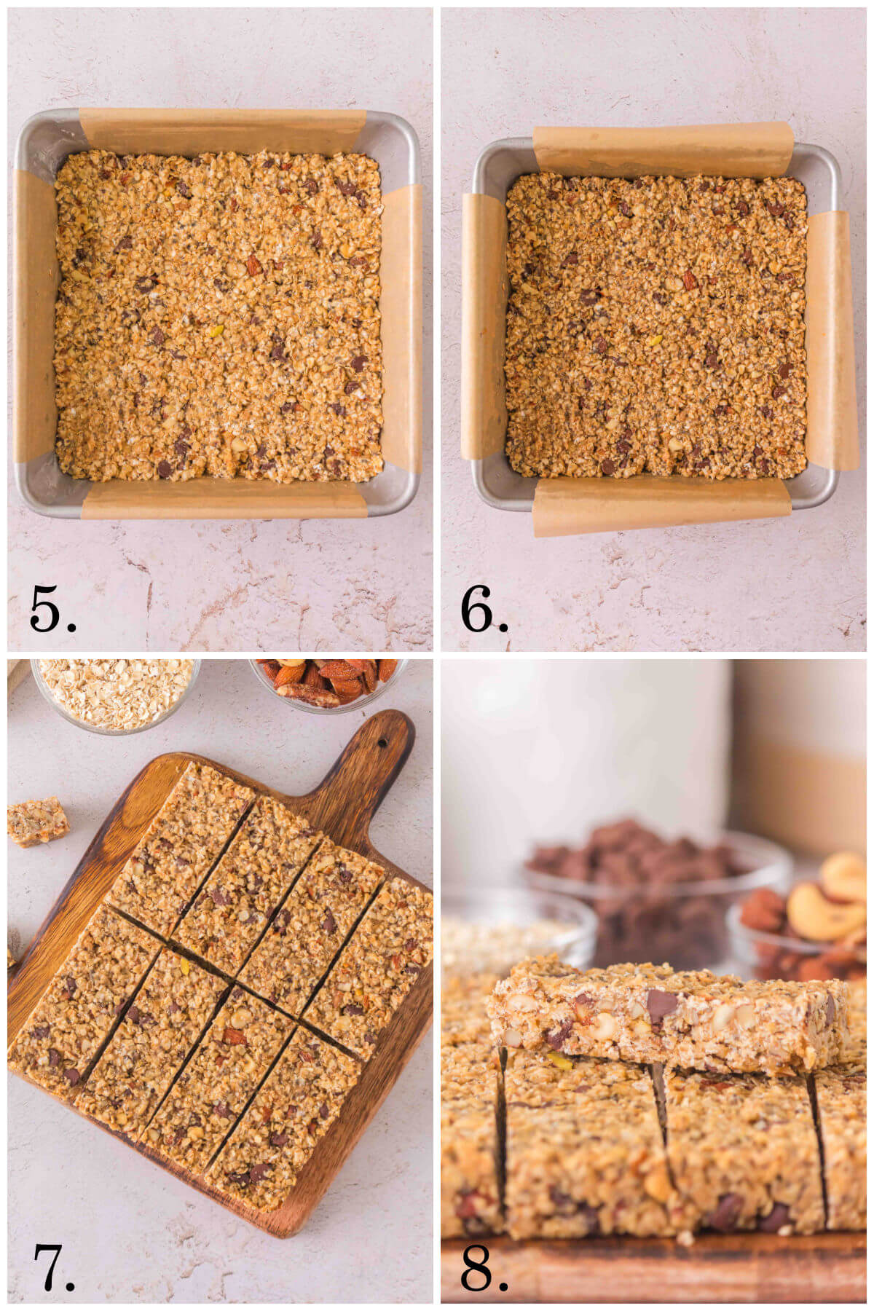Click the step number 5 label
[52, 609]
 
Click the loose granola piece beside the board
[38, 821]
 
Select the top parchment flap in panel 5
[222, 130]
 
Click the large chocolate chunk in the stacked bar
[661, 1005]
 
